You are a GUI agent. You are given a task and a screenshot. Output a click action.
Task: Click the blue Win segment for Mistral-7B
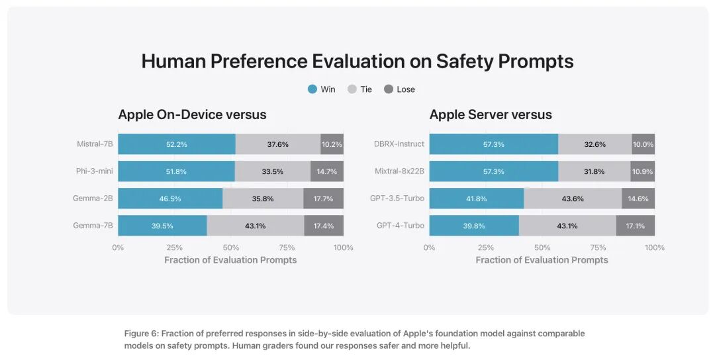[x=177, y=144]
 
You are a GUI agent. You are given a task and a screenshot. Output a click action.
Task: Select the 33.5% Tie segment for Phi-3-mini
[x=273, y=171]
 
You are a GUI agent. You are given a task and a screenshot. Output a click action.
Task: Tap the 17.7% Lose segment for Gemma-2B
[x=323, y=199]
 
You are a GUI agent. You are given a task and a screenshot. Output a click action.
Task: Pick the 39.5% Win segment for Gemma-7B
[x=162, y=226]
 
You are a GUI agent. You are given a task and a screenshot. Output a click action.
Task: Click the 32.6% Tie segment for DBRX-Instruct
[x=595, y=144]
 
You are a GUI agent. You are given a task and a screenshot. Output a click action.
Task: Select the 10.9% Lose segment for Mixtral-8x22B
[x=642, y=171]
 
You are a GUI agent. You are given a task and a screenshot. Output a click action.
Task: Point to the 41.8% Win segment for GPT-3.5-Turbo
[x=477, y=199]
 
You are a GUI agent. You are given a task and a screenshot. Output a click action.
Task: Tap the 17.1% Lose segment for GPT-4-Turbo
[x=635, y=226]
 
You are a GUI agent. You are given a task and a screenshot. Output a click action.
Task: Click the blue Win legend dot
[x=312, y=89]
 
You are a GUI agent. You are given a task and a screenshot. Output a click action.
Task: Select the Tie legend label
[x=366, y=89]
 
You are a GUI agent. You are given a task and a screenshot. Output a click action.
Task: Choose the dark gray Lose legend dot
[x=389, y=89]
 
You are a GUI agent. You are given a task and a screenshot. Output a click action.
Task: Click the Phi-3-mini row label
[x=95, y=171]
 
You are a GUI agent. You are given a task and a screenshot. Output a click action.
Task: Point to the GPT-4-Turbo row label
[x=401, y=226]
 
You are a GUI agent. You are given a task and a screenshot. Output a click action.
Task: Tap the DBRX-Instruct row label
[x=399, y=144]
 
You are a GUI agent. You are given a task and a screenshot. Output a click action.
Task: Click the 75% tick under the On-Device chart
[x=287, y=247]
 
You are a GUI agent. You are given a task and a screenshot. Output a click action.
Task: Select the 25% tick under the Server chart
[x=486, y=247]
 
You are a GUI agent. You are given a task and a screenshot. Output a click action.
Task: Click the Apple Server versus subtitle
[x=491, y=114]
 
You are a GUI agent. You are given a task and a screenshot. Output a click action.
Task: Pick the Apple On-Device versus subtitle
[x=192, y=114]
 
